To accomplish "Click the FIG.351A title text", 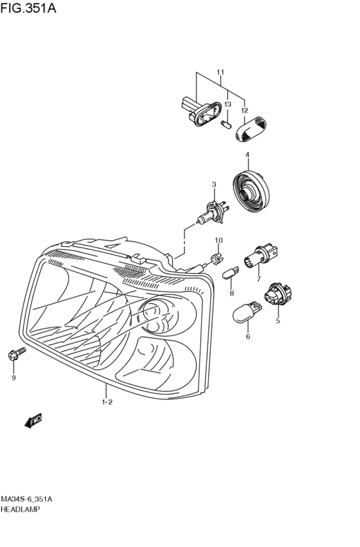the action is coord(28,8).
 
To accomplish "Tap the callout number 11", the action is coord(220,73).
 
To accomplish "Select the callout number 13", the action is coord(228,104).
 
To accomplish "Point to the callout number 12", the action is coord(244,111).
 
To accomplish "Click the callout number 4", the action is coord(248,154).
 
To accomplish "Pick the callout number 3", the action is coord(214,184).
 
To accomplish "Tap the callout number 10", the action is coord(219,240).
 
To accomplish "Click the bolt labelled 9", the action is coord(17,354).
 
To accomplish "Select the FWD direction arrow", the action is coord(33,420).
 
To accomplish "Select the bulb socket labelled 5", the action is coord(278,294).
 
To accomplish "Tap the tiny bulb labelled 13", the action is coord(226,125).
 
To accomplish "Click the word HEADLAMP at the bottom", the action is coord(20,509).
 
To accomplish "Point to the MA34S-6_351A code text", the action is coord(26,499).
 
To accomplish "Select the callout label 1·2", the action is coord(107,402).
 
